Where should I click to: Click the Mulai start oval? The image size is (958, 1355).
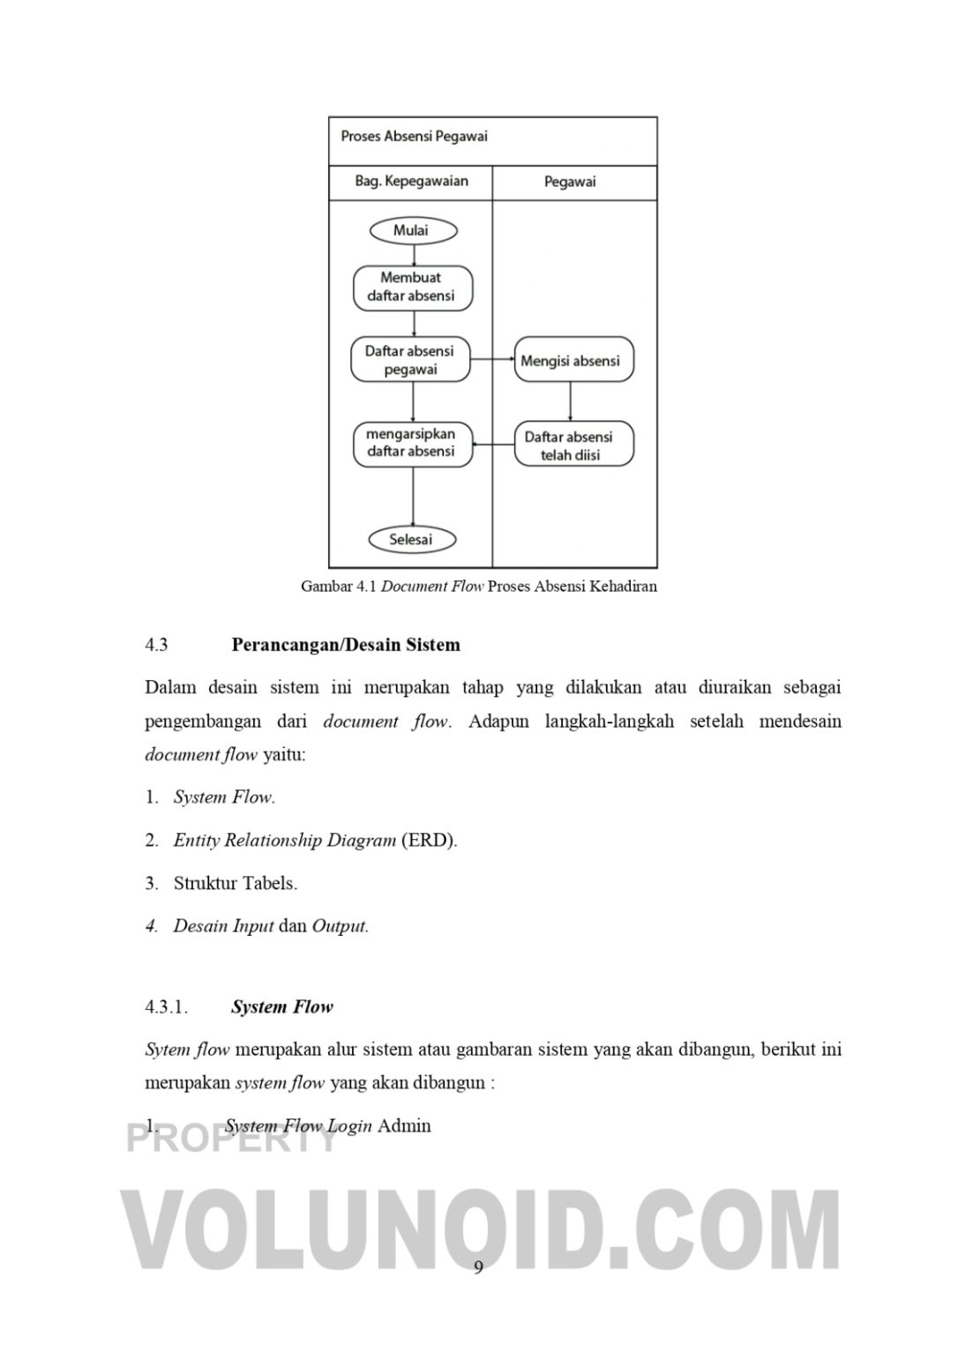click(x=413, y=230)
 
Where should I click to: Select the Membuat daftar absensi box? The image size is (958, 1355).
click(x=413, y=288)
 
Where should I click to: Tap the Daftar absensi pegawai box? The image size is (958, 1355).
click(x=410, y=360)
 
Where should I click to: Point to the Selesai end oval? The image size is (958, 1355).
click(x=411, y=539)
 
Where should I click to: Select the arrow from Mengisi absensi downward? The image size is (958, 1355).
click(x=571, y=401)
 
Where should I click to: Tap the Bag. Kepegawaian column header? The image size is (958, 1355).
click(x=411, y=182)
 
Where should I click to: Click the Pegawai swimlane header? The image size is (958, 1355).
click(x=571, y=182)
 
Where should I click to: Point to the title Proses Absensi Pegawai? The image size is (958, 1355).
click(x=414, y=137)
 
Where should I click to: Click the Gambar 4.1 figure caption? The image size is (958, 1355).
click(x=479, y=586)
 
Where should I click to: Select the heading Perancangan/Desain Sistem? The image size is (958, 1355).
click(x=346, y=645)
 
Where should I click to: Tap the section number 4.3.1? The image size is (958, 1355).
click(x=167, y=1007)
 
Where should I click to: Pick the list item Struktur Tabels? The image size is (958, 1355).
click(x=235, y=883)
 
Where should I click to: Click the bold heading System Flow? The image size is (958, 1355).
click(x=282, y=1007)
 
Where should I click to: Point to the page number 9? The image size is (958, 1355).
click(x=479, y=1268)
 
